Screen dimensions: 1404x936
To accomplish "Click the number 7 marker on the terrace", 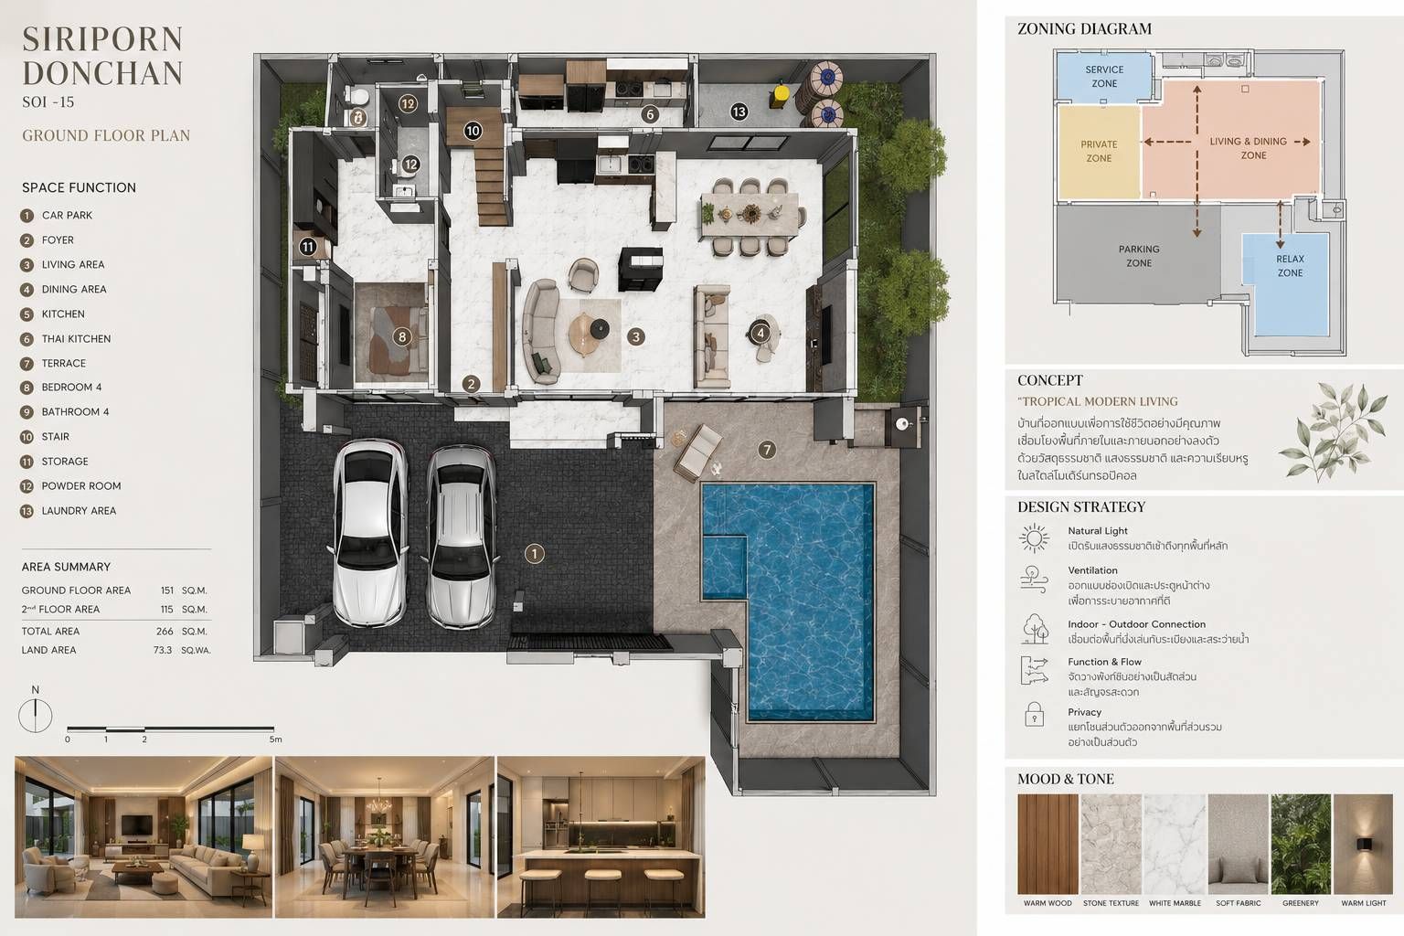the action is pyautogui.click(x=767, y=449).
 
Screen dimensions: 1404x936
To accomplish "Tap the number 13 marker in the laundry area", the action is pyautogui.click(x=739, y=112).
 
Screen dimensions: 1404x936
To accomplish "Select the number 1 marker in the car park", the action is pyautogui.click(x=534, y=554).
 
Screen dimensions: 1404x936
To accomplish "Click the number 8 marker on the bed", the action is pyautogui.click(x=402, y=336).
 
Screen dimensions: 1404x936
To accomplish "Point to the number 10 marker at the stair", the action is pyautogui.click(x=473, y=131).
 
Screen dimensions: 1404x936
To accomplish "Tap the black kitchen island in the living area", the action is pyautogui.click(x=641, y=269).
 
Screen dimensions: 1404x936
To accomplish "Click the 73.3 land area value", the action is pyautogui.click(x=163, y=650).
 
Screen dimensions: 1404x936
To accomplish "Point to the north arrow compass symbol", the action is pyautogui.click(x=35, y=716).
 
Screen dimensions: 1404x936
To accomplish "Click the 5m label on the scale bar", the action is pyautogui.click(x=276, y=739).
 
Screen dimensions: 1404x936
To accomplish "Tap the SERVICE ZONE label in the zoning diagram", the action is pyautogui.click(x=1104, y=77).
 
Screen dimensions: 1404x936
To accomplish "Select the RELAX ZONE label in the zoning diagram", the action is pyautogui.click(x=1290, y=266).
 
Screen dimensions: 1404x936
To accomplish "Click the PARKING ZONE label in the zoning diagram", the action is pyautogui.click(x=1139, y=256).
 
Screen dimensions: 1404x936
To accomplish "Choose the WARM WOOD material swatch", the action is pyautogui.click(x=1048, y=844).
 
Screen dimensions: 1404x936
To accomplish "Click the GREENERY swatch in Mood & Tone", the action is pyautogui.click(x=1301, y=844).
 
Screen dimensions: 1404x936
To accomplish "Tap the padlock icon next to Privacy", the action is pyautogui.click(x=1034, y=714).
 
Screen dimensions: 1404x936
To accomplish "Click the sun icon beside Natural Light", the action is pyautogui.click(x=1034, y=537).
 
